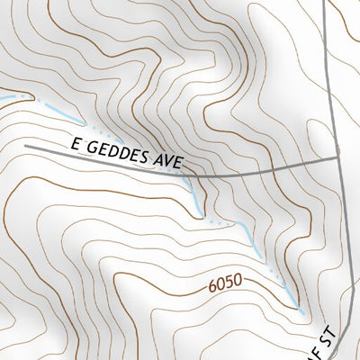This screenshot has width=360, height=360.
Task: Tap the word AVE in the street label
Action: click(x=168, y=162)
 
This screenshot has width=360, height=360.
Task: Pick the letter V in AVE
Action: click(x=168, y=162)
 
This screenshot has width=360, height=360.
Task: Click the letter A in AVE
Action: click(x=158, y=160)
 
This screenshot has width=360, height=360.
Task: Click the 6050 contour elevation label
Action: click(x=225, y=284)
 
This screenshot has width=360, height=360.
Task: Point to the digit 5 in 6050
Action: click(x=229, y=283)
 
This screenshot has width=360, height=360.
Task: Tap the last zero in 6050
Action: click(x=238, y=281)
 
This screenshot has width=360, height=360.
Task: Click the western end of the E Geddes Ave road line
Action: click(x=26, y=145)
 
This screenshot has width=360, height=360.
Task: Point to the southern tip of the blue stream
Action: click(x=301, y=311)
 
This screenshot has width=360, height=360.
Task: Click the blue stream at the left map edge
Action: click(x=3, y=94)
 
